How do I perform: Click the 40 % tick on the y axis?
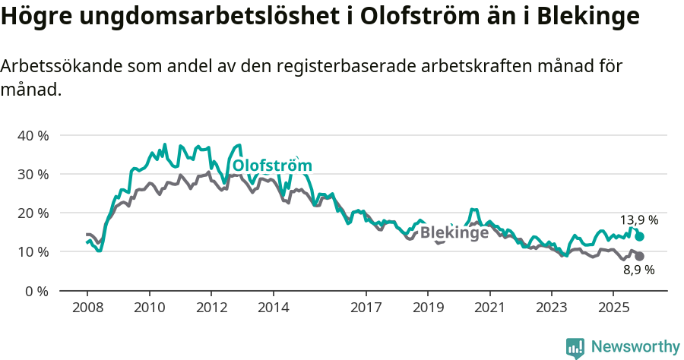pyautogui.click(x=32, y=136)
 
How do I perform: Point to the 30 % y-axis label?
pyautogui.click(x=32, y=175)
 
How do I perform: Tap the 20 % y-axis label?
pyautogui.click(x=32, y=213)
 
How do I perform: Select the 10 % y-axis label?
pyautogui.click(x=32, y=252)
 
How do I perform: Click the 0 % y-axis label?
pyautogui.click(x=36, y=291)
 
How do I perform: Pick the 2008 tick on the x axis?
pyautogui.click(x=87, y=308)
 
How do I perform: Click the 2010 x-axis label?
pyautogui.click(x=149, y=308)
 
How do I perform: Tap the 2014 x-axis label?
pyautogui.click(x=273, y=308)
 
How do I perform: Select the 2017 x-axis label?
pyautogui.click(x=366, y=308)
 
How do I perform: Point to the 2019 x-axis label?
pyautogui.click(x=427, y=308)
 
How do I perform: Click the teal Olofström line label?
pyautogui.click(x=272, y=166)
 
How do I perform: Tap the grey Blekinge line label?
pyautogui.click(x=454, y=233)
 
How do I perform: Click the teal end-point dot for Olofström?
pyautogui.click(x=639, y=237)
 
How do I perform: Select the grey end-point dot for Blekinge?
pyautogui.click(x=639, y=257)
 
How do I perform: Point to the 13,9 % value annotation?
pyautogui.click(x=638, y=220)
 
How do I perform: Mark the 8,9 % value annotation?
pyautogui.click(x=638, y=270)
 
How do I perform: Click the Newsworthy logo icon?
pyautogui.click(x=575, y=347)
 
